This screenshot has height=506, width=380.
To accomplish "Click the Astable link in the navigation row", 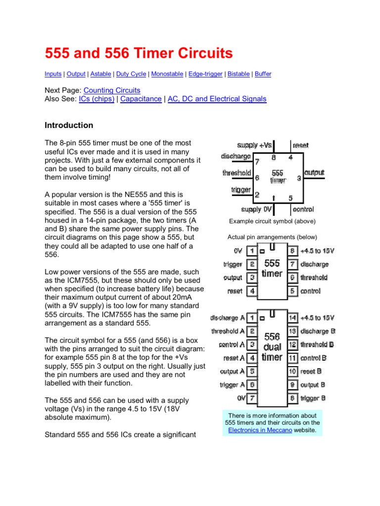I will [x=100, y=74].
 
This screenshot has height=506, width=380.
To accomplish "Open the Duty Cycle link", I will [x=131, y=74].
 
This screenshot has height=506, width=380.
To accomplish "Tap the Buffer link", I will [x=263, y=74].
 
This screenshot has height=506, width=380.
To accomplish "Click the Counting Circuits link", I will [x=112, y=90].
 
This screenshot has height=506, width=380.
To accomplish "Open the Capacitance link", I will [x=141, y=99].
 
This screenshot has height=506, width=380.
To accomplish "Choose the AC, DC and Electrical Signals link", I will [x=217, y=99].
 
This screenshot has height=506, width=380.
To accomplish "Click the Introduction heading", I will [x=69, y=125].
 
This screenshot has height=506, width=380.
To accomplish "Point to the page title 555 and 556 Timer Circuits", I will [x=139, y=53].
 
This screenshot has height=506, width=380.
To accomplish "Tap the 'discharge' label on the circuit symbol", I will [x=236, y=157].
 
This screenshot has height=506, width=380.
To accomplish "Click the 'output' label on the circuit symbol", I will [x=314, y=173].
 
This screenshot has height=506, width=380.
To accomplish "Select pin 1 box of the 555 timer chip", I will [x=252, y=251].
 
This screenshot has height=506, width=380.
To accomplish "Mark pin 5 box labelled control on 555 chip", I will [x=292, y=291].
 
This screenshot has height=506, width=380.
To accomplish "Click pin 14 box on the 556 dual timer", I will [x=292, y=318].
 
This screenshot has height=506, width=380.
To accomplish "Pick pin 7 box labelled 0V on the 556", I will [x=252, y=398].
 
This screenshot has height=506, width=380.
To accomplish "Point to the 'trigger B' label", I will [x=313, y=398].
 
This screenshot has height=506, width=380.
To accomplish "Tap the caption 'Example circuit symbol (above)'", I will [x=272, y=221].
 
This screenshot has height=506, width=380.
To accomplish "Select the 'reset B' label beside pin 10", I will [x=311, y=371].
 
